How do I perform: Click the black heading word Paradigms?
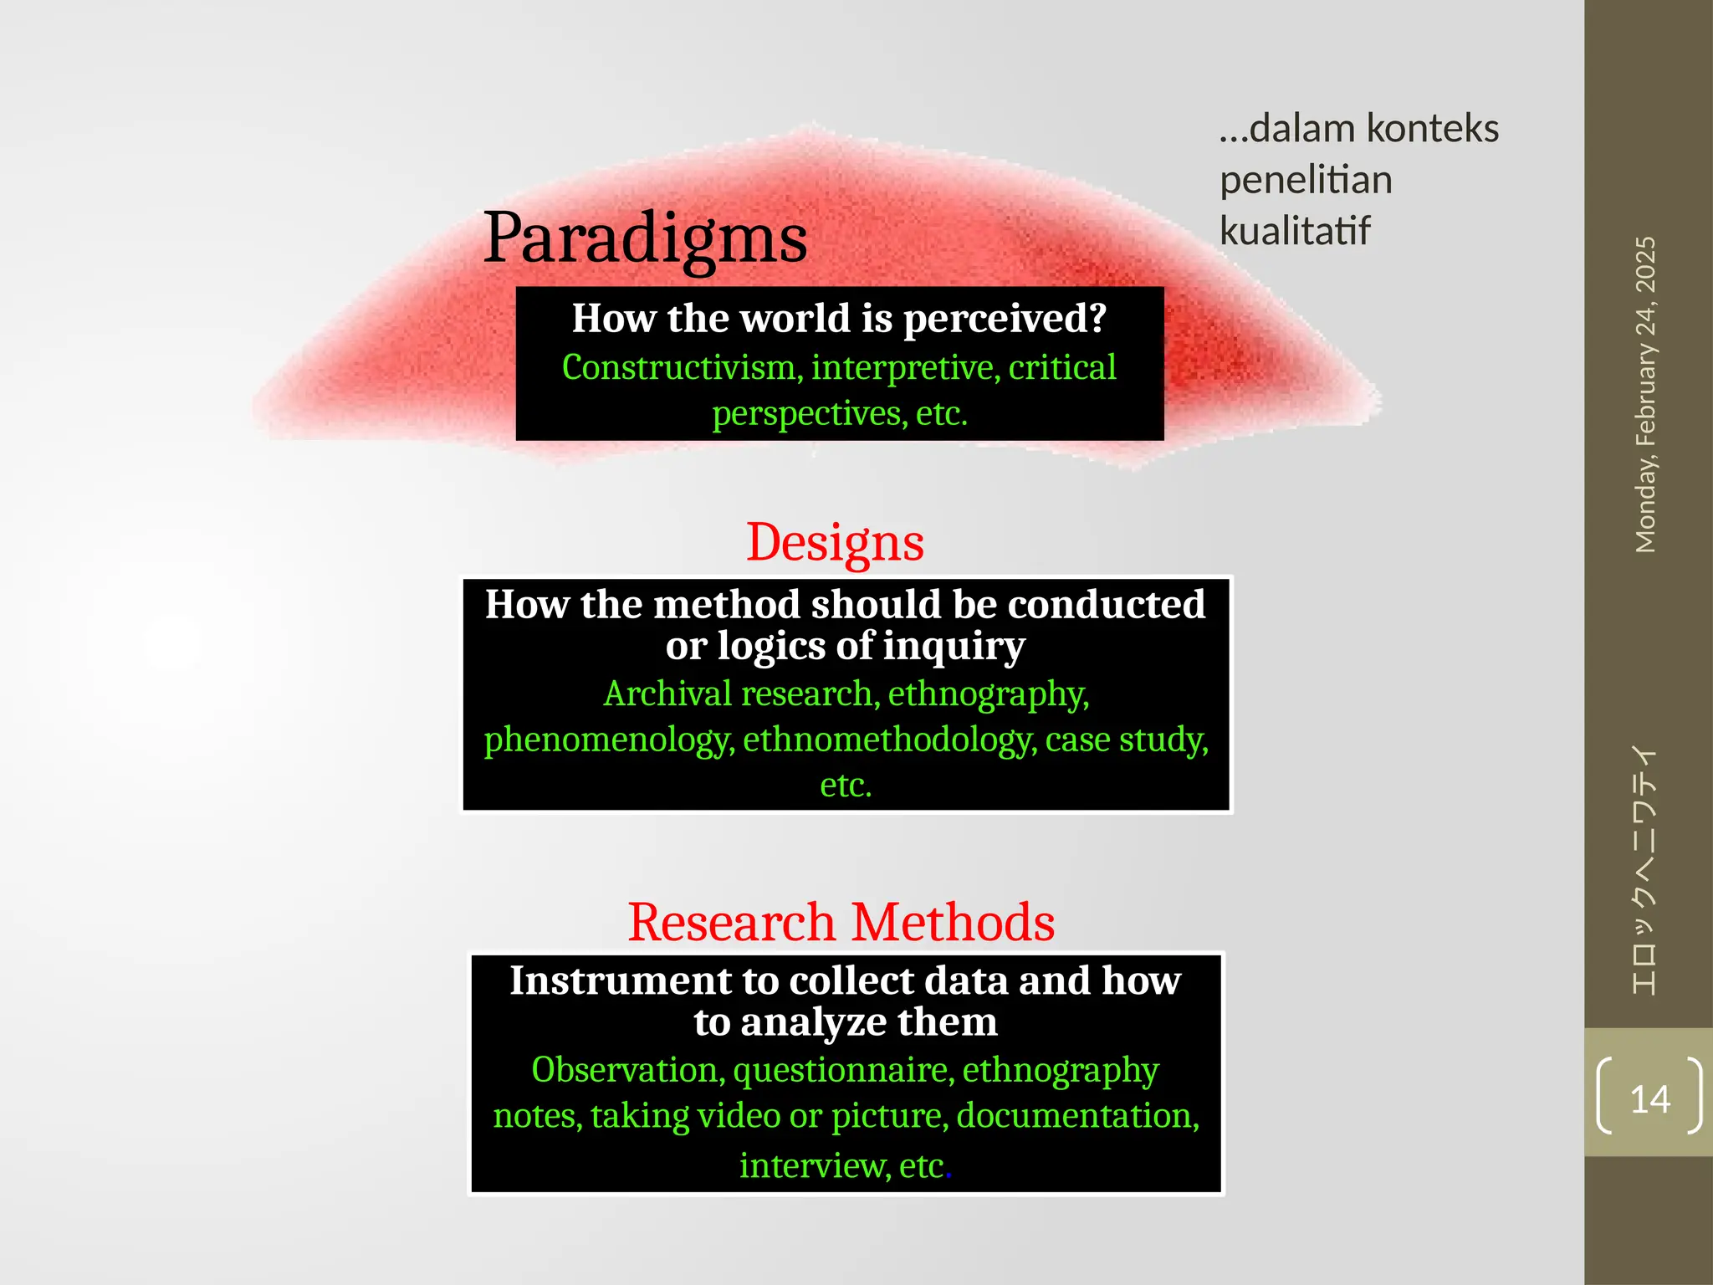(x=645, y=238)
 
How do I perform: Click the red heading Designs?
(x=835, y=542)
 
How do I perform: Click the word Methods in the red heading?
(x=953, y=922)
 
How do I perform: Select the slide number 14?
(x=1649, y=1098)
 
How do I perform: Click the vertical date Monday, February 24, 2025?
(x=1645, y=394)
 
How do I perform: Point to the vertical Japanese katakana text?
(x=1644, y=870)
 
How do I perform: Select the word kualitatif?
(x=1295, y=231)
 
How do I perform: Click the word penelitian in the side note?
(x=1306, y=180)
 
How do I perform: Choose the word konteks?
(x=1433, y=129)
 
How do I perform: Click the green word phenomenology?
(x=608, y=740)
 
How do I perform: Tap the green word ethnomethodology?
(x=889, y=740)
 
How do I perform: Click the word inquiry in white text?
(x=954, y=646)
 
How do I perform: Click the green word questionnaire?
(x=843, y=1070)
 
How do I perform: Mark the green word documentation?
(x=1077, y=1116)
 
